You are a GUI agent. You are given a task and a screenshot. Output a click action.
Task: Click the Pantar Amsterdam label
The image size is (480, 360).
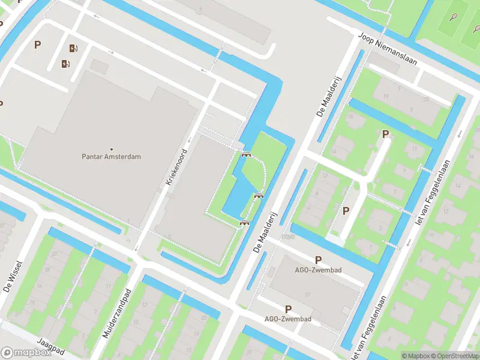click(111, 157)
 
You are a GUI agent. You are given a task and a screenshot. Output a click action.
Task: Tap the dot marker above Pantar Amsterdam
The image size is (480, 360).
click(112, 149)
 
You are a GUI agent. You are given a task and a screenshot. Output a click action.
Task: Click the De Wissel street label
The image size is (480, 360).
click(13, 276)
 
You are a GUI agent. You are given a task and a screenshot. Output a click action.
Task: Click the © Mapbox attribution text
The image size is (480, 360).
click(415, 356)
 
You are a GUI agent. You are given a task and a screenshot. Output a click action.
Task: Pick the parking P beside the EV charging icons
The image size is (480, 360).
click(38, 44)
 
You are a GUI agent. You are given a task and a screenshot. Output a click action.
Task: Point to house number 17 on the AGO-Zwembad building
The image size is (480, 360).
click(307, 294)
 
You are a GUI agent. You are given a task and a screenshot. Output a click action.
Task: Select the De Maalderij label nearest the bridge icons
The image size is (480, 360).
click(267, 231)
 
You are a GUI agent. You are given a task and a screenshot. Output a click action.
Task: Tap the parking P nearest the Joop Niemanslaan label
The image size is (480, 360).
click(386, 134)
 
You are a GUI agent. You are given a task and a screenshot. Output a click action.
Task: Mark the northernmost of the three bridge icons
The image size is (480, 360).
click(245, 154)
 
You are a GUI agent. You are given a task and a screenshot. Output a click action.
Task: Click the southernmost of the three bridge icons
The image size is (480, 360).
click(244, 223)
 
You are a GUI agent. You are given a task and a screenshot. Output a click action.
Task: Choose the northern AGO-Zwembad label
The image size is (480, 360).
click(318, 270)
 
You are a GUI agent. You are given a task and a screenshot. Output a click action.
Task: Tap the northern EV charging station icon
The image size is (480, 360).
click(73, 49)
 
